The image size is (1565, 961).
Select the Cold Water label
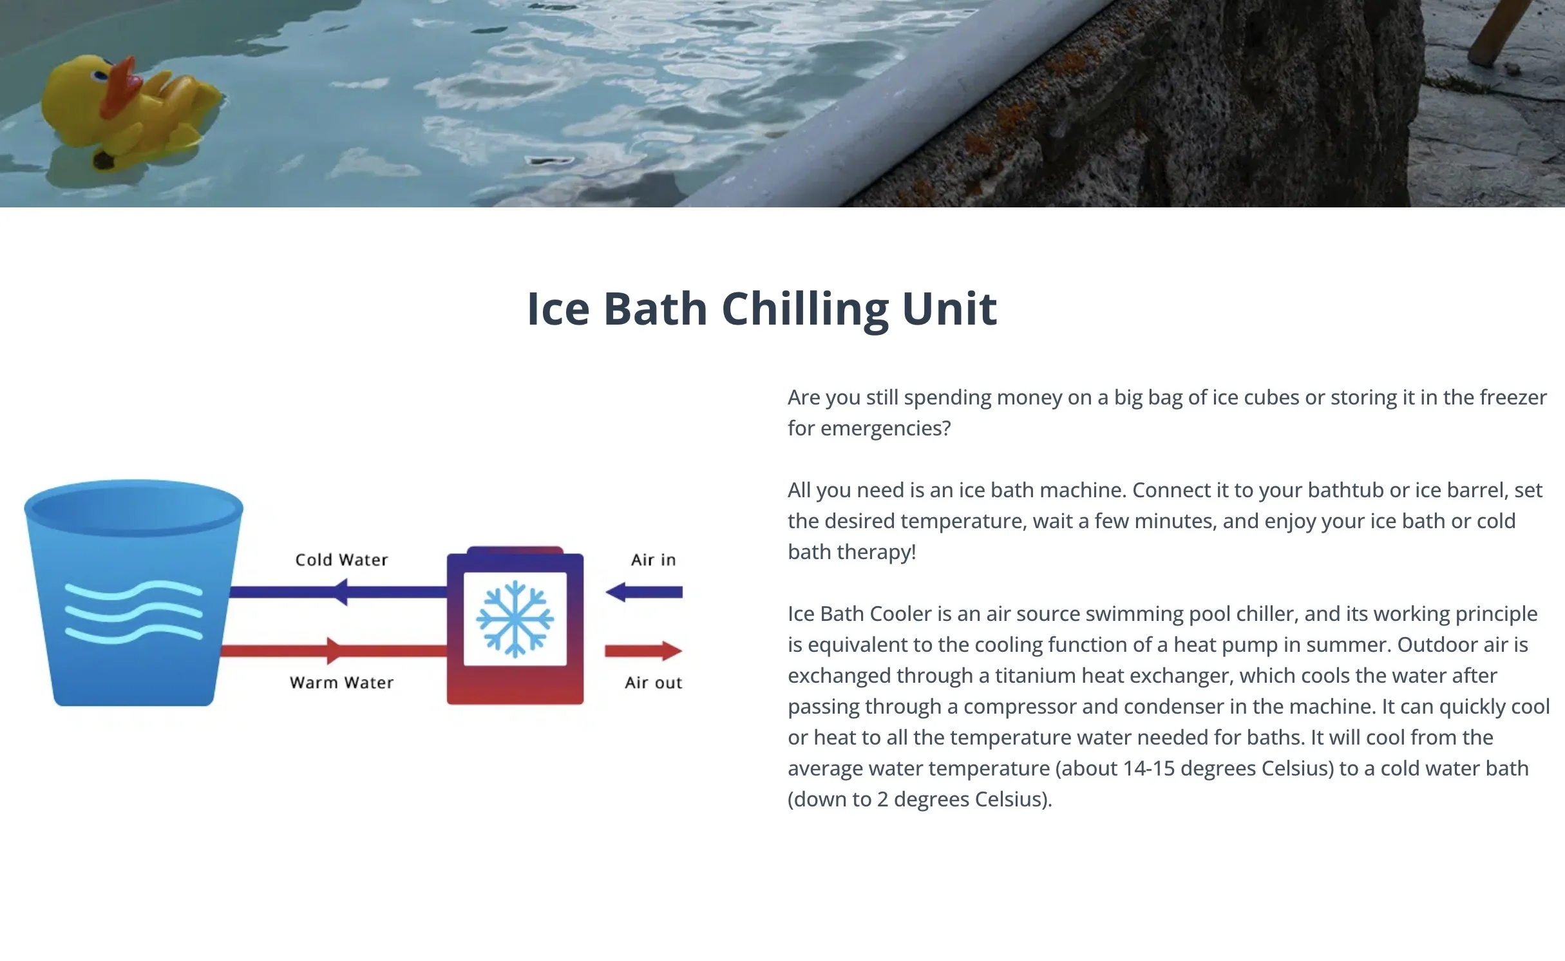[x=341, y=560]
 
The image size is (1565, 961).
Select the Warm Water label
[x=341, y=683]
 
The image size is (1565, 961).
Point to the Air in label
[x=653, y=560]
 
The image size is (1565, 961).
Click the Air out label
[x=653, y=683]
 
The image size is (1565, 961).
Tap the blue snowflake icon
[x=515, y=619]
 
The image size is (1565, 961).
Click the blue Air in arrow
[x=644, y=592]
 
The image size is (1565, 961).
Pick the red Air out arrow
[x=644, y=651]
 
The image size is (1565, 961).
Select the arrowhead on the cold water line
[x=339, y=592]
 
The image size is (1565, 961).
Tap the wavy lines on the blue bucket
[x=134, y=612]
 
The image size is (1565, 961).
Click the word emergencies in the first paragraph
[x=885, y=428]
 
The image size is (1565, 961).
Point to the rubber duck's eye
[x=100, y=76]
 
